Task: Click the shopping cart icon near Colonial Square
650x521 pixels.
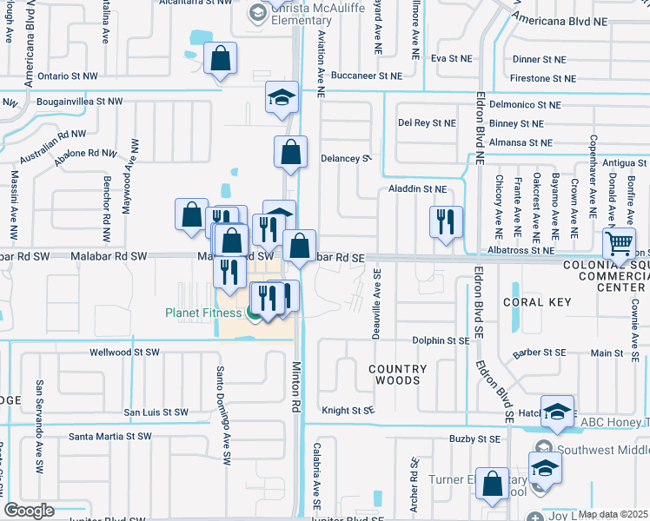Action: pos(619,243)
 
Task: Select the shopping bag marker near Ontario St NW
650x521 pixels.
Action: pos(222,59)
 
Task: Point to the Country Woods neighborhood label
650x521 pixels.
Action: pos(397,374)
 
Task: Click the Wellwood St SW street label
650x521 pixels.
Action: pos(125,353)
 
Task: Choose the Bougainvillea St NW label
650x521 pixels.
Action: pos(80,102)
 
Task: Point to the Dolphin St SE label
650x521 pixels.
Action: pos(441,341)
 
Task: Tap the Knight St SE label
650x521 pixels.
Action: pos(348,409)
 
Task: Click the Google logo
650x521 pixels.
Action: pos(29,511)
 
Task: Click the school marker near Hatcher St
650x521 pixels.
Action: pos(557,413)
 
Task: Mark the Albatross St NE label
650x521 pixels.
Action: pos(519,250)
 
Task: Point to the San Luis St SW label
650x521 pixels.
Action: pos(156,412)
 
